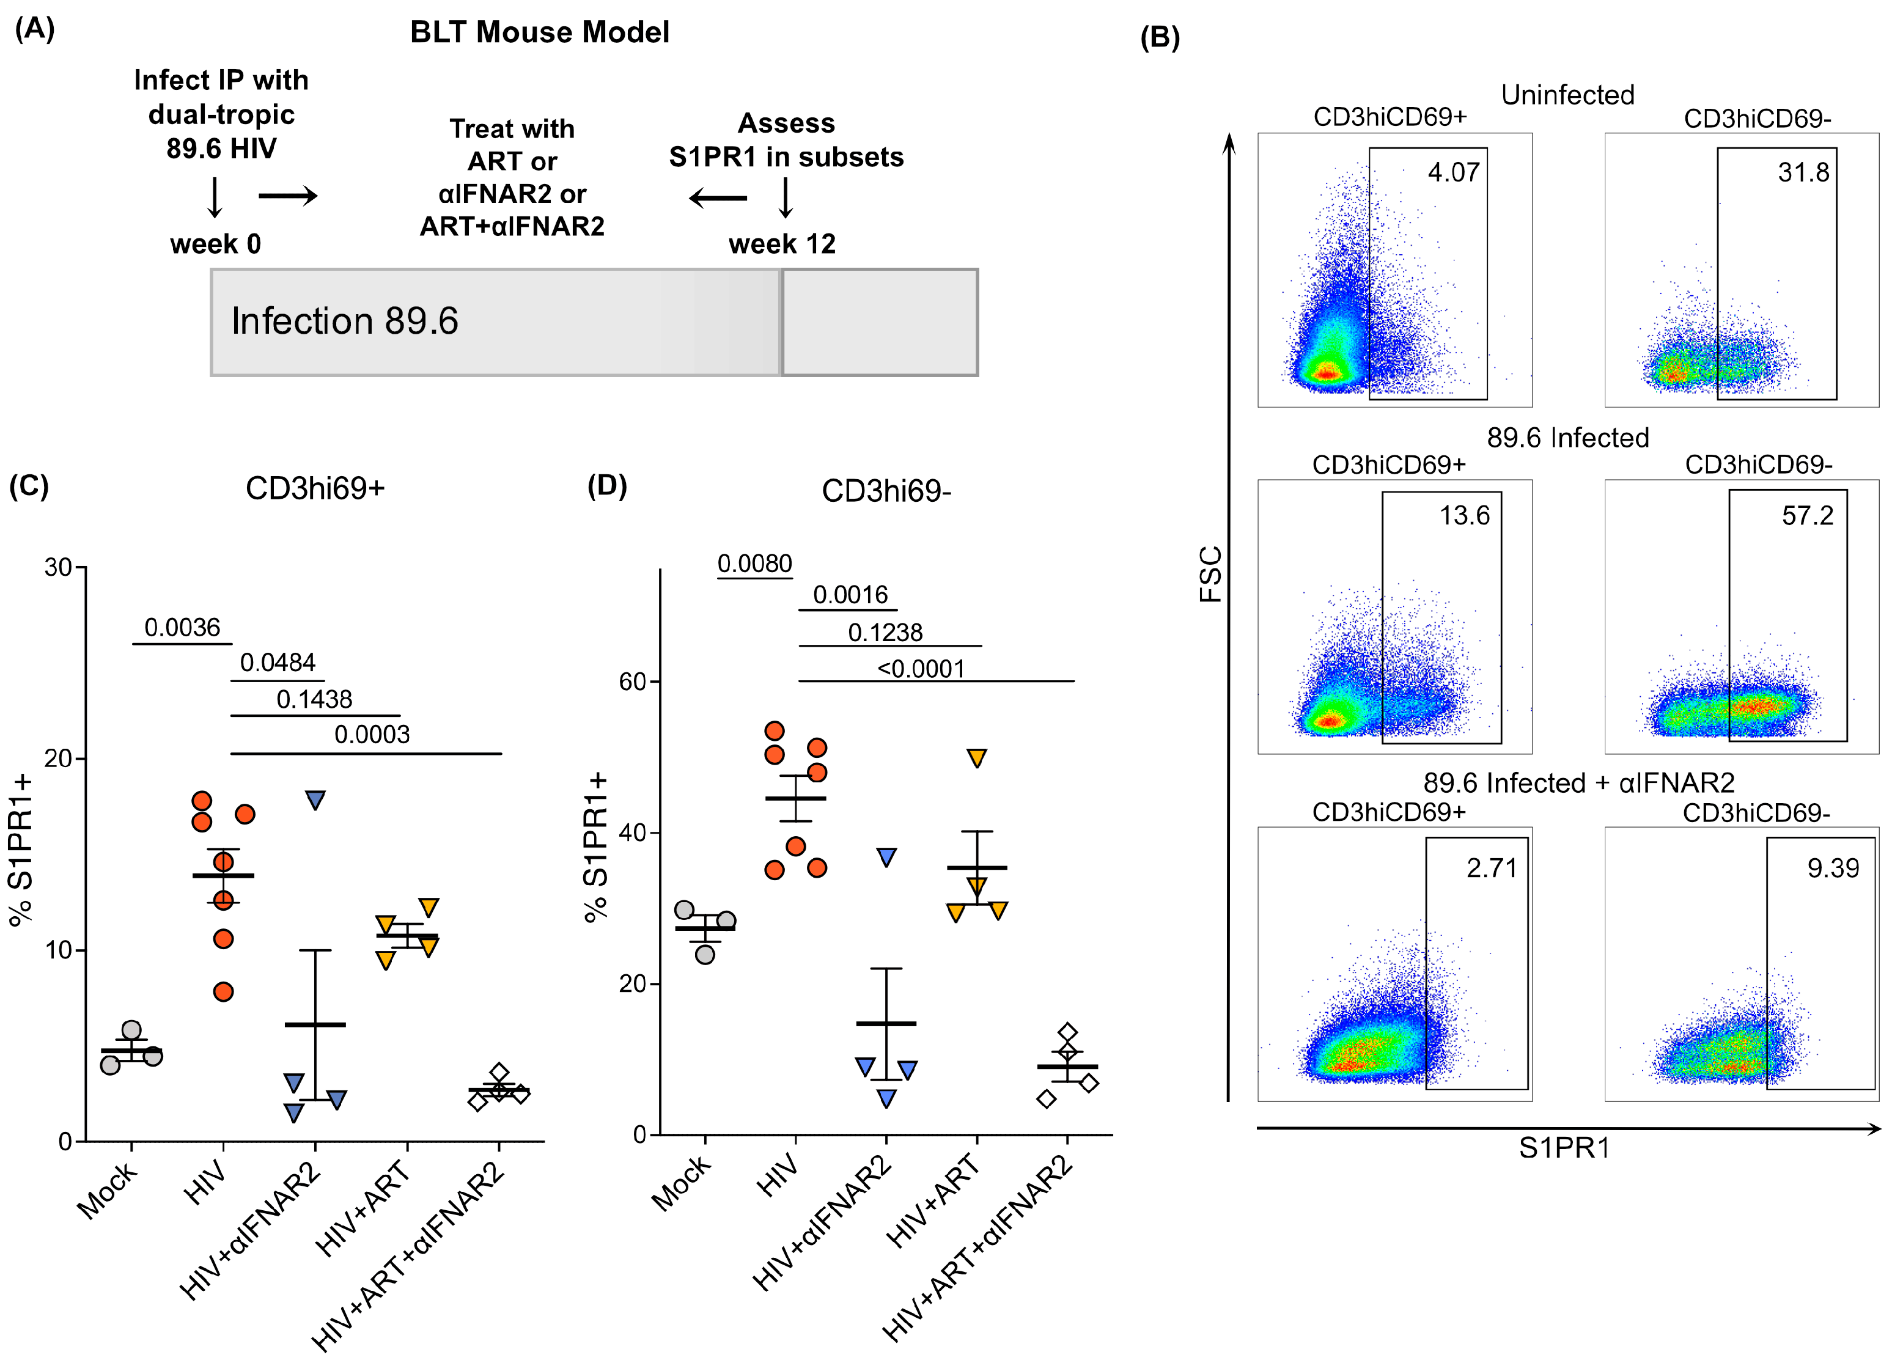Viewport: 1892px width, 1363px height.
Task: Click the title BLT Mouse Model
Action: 539,32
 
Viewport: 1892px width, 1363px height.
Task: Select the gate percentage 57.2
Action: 1808,515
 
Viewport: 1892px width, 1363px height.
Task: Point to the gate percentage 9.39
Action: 1833,869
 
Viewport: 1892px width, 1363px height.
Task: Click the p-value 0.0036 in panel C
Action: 182,627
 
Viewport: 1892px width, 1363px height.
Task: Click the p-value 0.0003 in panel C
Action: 372,734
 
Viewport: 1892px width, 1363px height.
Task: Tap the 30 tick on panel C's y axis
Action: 59,567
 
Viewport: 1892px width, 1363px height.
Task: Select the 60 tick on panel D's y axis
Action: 632,681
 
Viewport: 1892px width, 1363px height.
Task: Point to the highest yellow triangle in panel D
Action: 977,759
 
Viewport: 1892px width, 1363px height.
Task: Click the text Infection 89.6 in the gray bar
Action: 345,321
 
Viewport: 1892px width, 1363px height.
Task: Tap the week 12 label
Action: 782,244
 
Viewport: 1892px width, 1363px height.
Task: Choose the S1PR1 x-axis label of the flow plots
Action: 1563,1148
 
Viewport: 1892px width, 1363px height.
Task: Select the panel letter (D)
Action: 606,485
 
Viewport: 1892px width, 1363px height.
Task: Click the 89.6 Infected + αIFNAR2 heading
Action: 1578,782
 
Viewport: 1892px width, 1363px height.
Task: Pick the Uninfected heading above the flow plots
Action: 1567,95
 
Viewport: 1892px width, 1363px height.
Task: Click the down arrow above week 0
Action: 215,197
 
